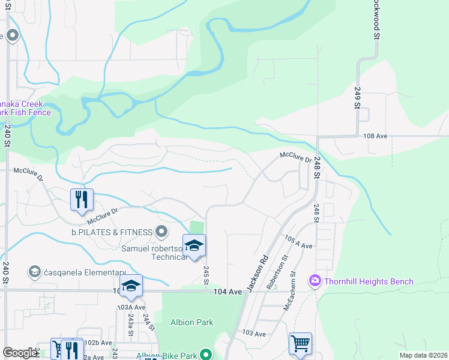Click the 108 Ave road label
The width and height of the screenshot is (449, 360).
(375, 136)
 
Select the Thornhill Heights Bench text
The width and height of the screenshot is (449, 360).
(369, 281)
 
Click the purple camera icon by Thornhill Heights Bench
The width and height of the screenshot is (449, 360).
(314, 281)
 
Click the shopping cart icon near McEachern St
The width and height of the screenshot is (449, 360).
(300, 344)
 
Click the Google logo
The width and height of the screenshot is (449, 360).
(20, 353)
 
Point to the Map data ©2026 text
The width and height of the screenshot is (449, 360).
(423, 355)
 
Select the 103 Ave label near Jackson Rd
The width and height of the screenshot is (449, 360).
(254, 333)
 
